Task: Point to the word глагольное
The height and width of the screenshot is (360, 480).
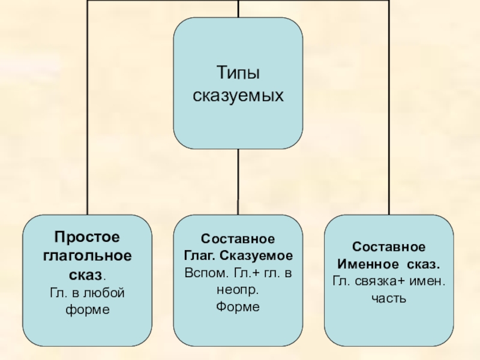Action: pos(88,255)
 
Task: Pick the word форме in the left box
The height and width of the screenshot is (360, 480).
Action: pos(88,310)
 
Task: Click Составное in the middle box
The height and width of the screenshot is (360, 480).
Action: pos(238,239)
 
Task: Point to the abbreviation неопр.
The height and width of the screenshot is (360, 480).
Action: pos(238,289)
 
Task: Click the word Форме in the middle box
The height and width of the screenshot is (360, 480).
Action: pos(238,307)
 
